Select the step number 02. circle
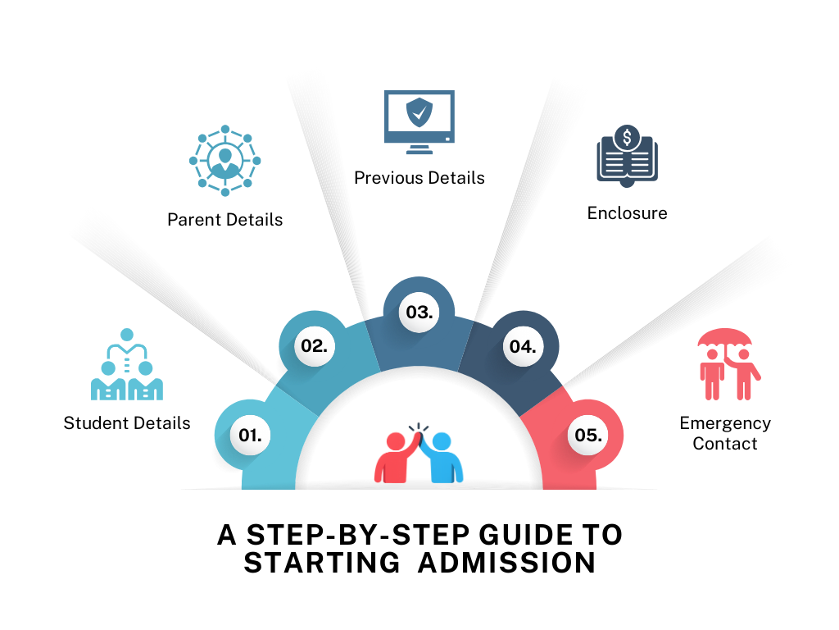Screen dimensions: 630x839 [x=314, y=345]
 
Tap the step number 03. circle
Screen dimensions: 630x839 [x=419, y=313]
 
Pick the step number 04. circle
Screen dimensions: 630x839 [x=522, y=346]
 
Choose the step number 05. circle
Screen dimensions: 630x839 [x=588, y=435]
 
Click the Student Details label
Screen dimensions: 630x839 [x=127, y=423]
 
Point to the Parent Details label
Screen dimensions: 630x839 [x=224, y=220]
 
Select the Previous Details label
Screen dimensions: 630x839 [x=419, y=177]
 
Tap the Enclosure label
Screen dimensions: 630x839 [x=627, y=213]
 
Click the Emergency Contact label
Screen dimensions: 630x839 [x=724, y=433]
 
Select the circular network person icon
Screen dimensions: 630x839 [x=224, y=160]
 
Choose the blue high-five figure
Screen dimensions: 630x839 [x=443, y=457]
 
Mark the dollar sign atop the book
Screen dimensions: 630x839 [x=627, y=138]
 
